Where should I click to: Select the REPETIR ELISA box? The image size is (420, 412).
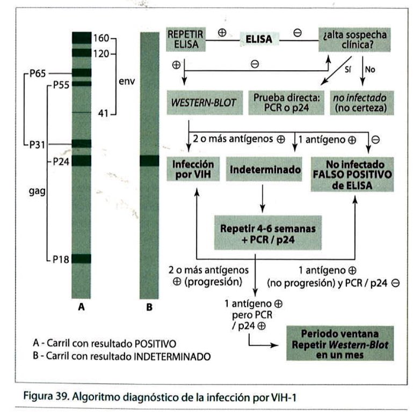tap(186, 39)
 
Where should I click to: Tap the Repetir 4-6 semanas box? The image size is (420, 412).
tap(267, 234)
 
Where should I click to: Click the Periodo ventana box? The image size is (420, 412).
tap(341, 344)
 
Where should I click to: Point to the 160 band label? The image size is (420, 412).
tap(100, 38)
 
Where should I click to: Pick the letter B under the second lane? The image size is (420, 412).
tap(149, 308)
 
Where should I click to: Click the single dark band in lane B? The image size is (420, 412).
tap(149, 161)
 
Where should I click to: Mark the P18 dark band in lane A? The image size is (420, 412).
tap(82, 259)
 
